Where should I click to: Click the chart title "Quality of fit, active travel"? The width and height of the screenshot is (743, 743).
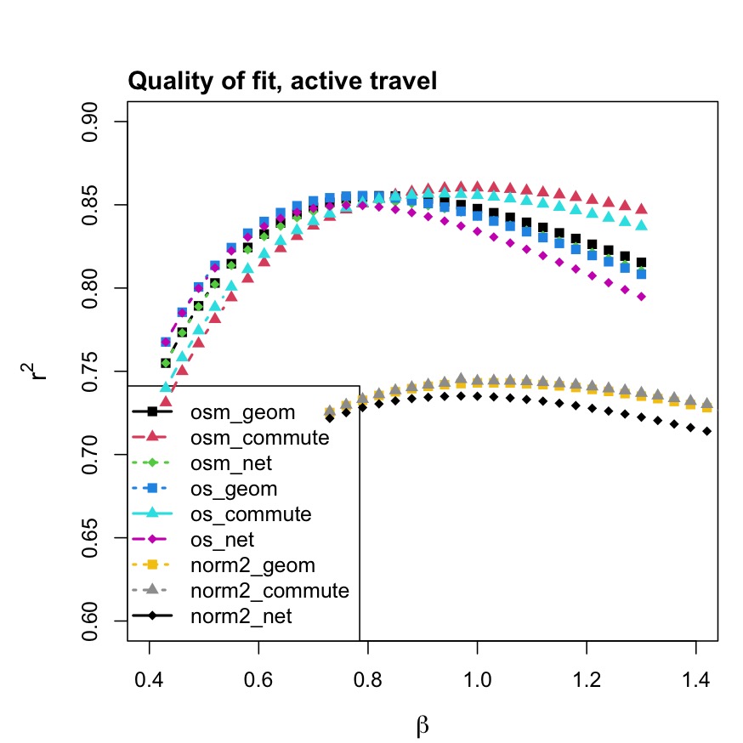[x=282, y=82]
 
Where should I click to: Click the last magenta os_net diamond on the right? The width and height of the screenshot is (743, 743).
[x=641, y=297]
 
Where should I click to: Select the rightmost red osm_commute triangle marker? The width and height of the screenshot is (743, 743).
[x=641, y=208]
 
